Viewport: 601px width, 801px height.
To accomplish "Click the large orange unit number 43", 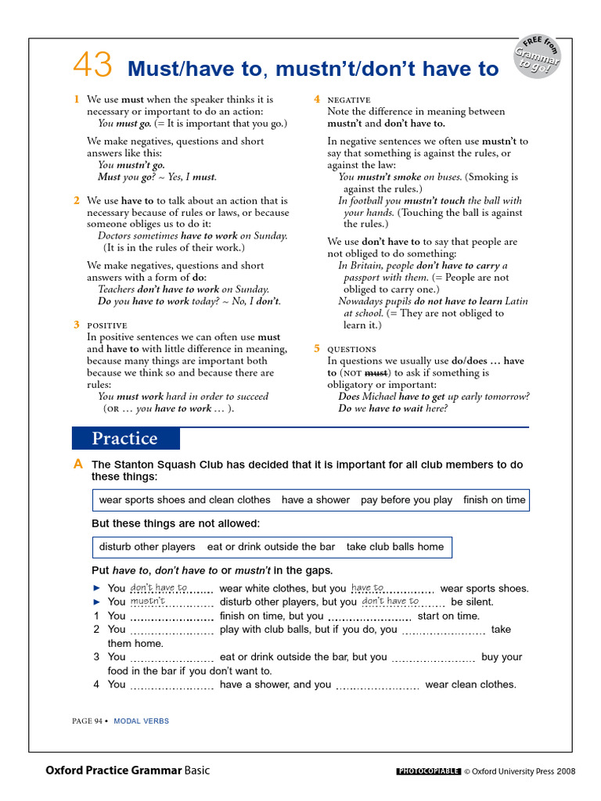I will [x=92, y=66].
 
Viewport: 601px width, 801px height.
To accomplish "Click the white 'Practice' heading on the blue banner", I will [x=125, y=439].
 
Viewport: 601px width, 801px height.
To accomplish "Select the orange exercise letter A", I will [x=77, y=465].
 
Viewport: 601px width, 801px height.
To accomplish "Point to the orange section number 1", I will [x=77, y=99].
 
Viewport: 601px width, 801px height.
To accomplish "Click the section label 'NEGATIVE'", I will [x=349, y=100].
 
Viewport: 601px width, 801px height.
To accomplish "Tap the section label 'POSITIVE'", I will [x=107, y=325].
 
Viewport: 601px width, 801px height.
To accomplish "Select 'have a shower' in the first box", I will [x=315, y=500].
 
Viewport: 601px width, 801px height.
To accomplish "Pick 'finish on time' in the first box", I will [x=495, y=500].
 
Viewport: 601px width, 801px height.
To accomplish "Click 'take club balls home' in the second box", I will [x=395, y=547].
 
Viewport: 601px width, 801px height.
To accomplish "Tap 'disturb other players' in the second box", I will [x=147, y=547].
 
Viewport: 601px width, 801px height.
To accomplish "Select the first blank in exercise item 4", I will [x=171, y=686].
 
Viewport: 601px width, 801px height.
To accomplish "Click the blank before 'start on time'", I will [x=369, y=617].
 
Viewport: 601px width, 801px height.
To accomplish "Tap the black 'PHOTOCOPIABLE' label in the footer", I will [x=428, y=771].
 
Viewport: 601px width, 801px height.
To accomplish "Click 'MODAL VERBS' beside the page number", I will [x=141, y=721].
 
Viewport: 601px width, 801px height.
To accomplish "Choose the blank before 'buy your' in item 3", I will [x=433, y=659].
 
